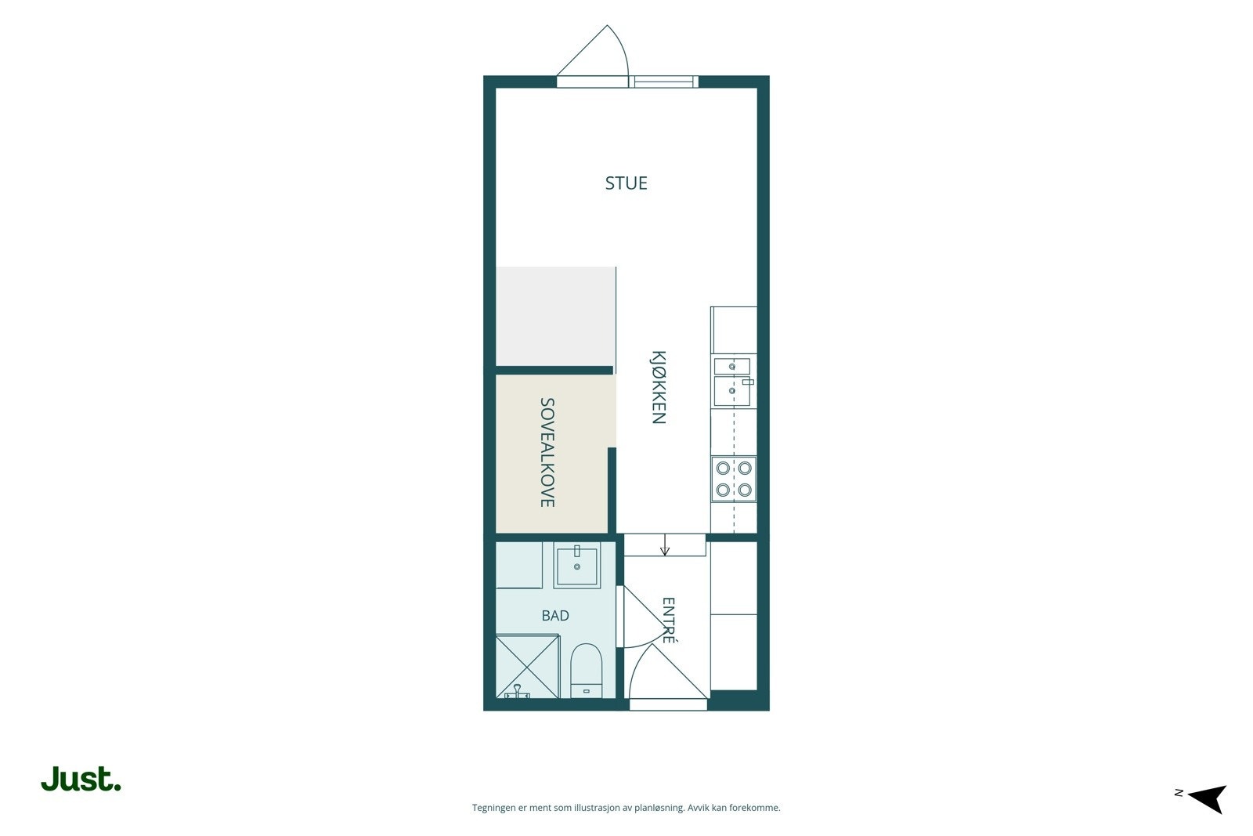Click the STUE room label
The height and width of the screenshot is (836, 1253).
click(x=626, y=183)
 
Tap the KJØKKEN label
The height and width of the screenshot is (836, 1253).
click(x=659, y=387)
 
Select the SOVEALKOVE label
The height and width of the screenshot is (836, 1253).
click(x=547, y=452)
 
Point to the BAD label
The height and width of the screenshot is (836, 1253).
click(x=555, y=616)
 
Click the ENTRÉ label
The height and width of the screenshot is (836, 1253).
click(x=669, y=621)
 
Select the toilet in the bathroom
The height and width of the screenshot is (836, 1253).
click(x=586, y=671)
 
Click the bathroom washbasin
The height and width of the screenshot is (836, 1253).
click(x=576, y=565)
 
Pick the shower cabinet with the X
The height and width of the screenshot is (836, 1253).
click(x=528, y=666)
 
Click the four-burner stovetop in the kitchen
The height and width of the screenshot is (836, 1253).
click(x=734, y=479)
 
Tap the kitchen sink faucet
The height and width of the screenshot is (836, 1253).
click(x=748, y=382)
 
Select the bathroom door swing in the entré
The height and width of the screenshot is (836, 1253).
click(x=642, y=616)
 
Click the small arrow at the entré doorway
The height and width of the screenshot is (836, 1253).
click(x=665, y=545)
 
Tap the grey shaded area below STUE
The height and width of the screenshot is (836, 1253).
click(x=556, y=317)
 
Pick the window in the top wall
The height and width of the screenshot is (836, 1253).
click(x=663, y=81)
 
